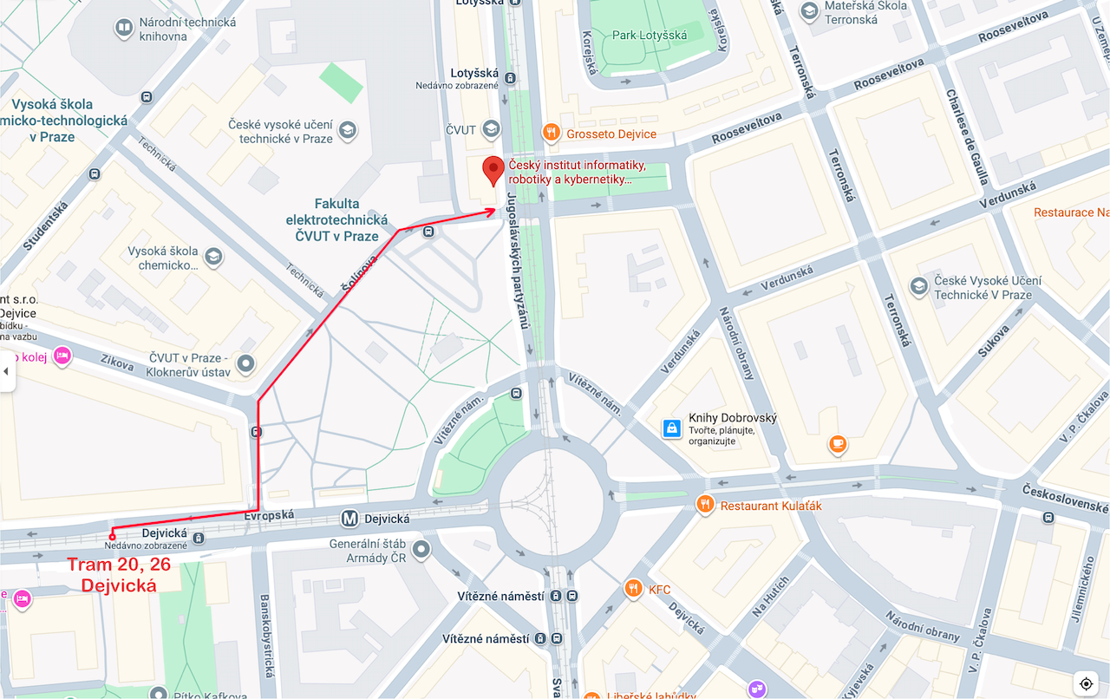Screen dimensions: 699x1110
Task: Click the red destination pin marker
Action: pos(493,170)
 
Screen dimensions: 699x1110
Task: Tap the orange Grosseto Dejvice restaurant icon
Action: pos(551,133)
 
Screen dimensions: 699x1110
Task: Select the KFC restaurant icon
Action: pos(633,590)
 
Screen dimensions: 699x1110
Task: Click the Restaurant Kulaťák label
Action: pos(771,506)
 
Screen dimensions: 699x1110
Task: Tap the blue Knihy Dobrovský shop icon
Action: pos(671,428)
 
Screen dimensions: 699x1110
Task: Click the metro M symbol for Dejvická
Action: pos(349,519)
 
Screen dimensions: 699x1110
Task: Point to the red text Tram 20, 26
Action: pos(119,565)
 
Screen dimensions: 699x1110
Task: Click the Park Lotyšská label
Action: pos(650,36)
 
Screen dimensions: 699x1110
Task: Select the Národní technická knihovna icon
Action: pos(124,29)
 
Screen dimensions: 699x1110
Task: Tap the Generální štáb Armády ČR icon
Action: pos(421,549)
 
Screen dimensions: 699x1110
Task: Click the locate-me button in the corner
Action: pos(1086,683)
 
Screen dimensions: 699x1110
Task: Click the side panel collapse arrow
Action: pos(6,371)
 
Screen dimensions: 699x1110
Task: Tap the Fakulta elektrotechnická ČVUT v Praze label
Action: pos(337,220)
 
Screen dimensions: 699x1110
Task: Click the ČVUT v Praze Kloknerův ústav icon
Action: pos(246,364)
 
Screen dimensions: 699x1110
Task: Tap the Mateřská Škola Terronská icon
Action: pos(810,12)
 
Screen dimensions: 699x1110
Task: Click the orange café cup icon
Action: pos(837,445)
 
